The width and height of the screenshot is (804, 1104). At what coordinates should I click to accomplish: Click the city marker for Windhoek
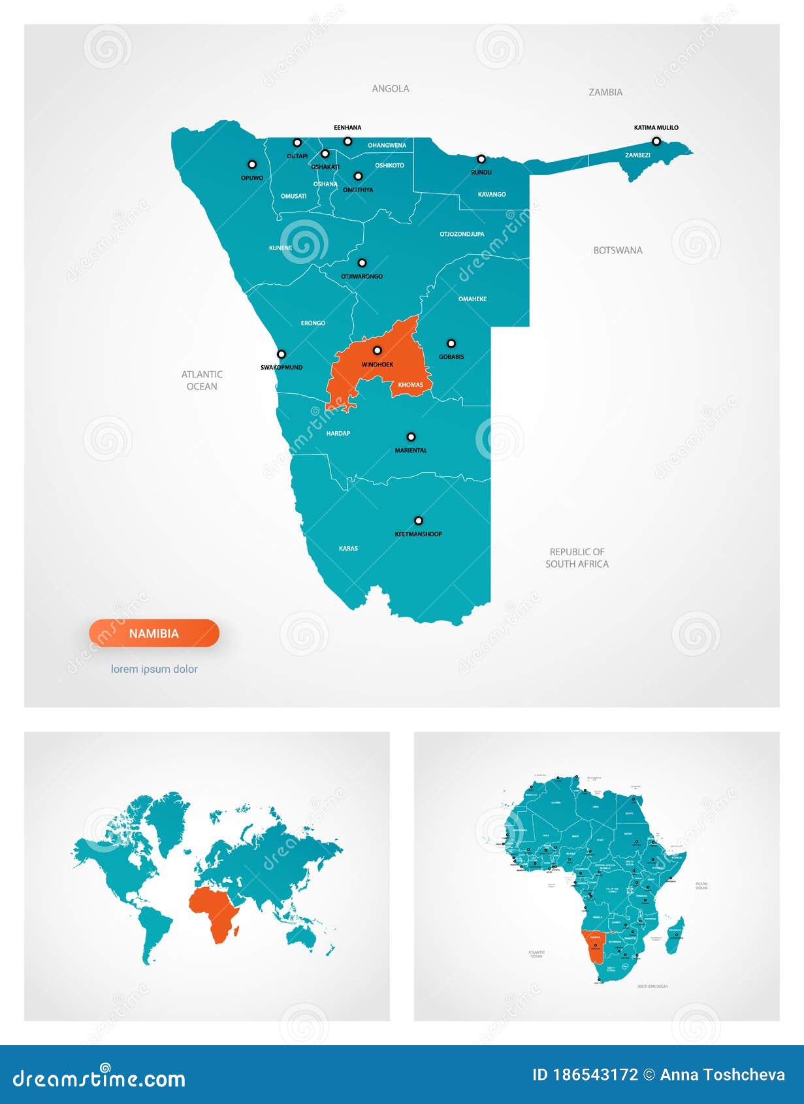coord(377,351)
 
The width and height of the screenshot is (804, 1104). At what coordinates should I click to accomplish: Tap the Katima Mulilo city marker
coord(656,141)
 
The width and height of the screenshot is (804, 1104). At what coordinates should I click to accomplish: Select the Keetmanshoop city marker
coord(419,521)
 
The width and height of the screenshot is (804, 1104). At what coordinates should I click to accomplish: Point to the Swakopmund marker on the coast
coord(281,355)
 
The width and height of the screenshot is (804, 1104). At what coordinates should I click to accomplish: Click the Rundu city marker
coord(481,159)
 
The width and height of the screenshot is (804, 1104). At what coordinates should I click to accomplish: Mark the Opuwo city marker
coord(252,165)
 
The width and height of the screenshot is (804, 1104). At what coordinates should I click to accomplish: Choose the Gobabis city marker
coord(451,344)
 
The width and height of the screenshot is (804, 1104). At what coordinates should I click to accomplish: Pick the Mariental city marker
coord(411,437)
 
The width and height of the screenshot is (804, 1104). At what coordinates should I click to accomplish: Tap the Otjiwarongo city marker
coord(362,263)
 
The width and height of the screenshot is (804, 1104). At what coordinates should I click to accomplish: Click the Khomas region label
coord(410,385)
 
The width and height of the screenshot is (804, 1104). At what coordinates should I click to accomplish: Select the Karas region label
coord(348,549)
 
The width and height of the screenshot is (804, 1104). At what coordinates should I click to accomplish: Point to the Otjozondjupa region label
coord(462,234)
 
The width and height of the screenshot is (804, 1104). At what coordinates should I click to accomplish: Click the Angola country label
coord(391,89)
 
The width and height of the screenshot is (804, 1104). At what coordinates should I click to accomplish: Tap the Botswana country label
coord(617,250)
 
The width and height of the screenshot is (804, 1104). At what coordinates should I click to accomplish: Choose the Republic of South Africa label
coord(577,558)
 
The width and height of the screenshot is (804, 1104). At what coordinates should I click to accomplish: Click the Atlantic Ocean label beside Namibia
coord(202,380)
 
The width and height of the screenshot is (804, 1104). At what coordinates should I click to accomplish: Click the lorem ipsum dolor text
coord(154,669)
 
